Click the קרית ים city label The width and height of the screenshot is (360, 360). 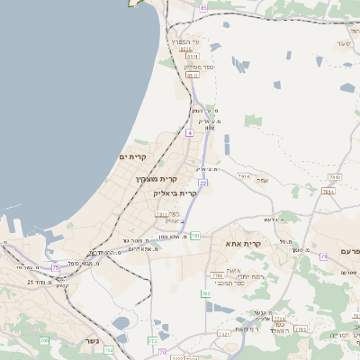[131, 157]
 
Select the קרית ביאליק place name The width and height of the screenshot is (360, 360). [175, 193]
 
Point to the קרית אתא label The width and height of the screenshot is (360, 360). [245, 244]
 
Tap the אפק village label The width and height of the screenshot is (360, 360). [262, 180]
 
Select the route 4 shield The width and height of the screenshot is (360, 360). [190, 132]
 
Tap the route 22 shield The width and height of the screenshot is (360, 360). [203, 183]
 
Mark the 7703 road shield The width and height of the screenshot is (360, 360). [217, 275]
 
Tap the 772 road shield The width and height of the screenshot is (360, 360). [152, 341]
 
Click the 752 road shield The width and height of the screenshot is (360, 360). [110, 349]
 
